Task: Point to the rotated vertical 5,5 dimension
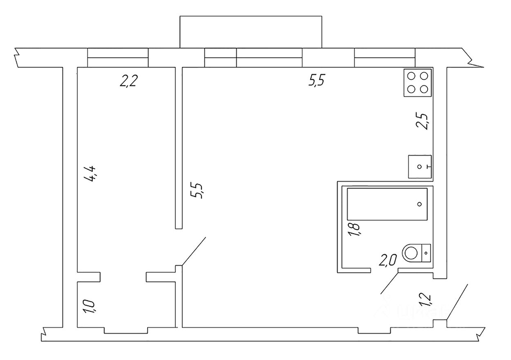pyautogui.click(x=198, y=191)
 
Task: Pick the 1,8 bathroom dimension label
pyautogui.click(x=354, y=229)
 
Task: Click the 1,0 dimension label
pyautogui.click(x=89, y=306)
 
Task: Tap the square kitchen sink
pyautogui.click(x=420, y=167)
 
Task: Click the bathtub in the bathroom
pyautogui.click(x=387, y=204)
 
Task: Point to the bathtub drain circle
pyautogui.click(x=419, y=204)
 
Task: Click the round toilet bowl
pyautogui.click(x=411, y=253)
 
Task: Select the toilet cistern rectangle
pyautogui.click(x=426, y=253)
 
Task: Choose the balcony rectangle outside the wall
pyautogui.click(x=251, y=32)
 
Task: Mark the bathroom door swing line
pyautogui.click(x=390, y=283)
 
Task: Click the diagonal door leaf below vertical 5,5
pyautogui.click(x=193, y=251)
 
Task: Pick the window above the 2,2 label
pyautogui.click(x=118, y=57)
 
